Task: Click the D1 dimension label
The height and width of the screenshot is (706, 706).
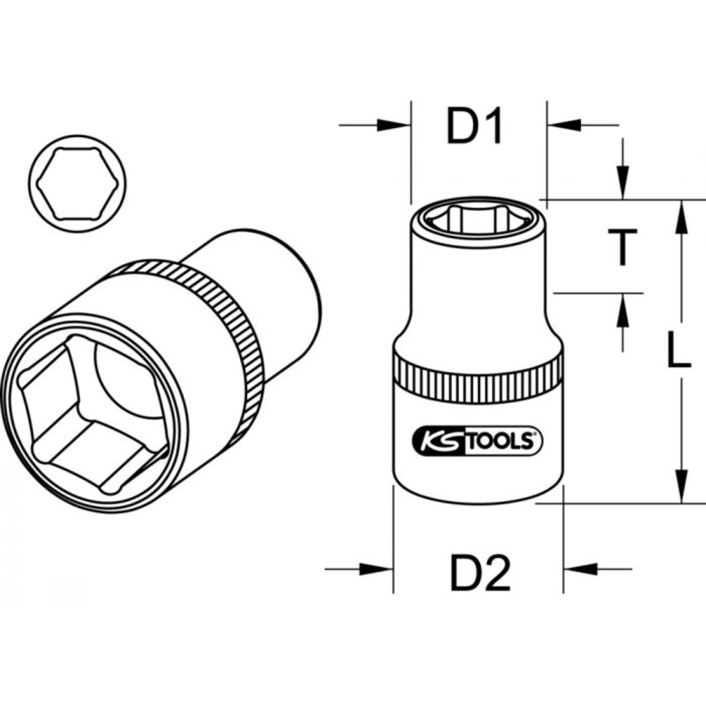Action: pos(474,126)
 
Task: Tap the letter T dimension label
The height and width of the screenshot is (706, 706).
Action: pos(623,247)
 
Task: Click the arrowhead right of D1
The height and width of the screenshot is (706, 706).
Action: pos(564,126)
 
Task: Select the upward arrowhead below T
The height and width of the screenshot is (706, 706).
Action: pos(622,311)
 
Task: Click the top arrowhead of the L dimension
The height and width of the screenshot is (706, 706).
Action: pos(681,216)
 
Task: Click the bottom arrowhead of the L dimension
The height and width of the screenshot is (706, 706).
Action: pos(681,486)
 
